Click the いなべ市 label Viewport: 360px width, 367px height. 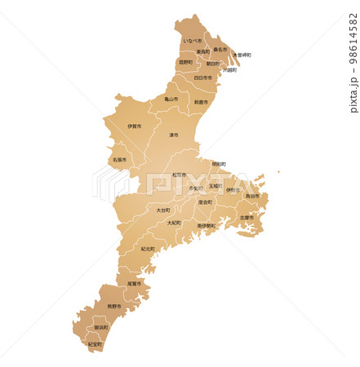pyautogui.click(x=193, y=41)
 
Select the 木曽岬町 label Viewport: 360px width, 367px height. pyautogui.click(x=242, y=55)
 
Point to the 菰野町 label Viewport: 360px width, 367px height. pyautogui.click(x=186, y=62)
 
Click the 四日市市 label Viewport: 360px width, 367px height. pyautogui.click(x=203, y=77)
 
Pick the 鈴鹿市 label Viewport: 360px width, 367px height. pyautogui.click(x=202, y=102)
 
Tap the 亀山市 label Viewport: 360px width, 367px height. pyautogui.click(x=171, y=99)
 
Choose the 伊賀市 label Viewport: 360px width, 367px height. pyautogui.click(x=135, y=126)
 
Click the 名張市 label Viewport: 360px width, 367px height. pyautogui.click(x=120, y=160)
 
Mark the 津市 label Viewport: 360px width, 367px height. pyautogui.click(x=174, y=135)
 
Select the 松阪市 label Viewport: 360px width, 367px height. pyautogui.click(x=179, y=175)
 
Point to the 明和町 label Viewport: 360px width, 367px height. pyautogui.click(x=219, y=164)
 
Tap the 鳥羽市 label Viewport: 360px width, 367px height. pyautogui.click(x=252, y=196)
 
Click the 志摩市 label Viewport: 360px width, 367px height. pyautogui.click(x=247, y=218)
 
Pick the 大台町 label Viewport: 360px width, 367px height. pyautogui.click(x=163, y=210)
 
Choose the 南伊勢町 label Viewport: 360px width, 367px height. pyautogui.click(x=207, y=226)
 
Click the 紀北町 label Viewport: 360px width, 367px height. pyautogui.click(x=148, y=249)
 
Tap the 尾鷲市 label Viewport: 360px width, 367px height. pyautogui.click(x=135, y=283)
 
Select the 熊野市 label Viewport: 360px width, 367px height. pyautogui.click(x=114, y=306)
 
